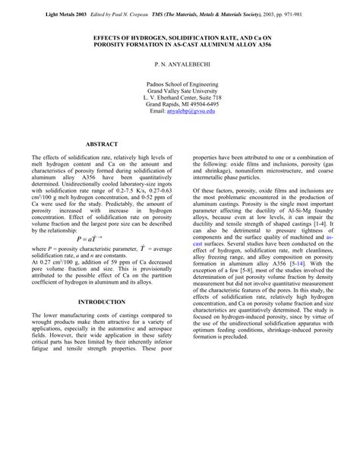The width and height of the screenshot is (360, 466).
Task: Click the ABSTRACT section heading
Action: click(x=101, y=143)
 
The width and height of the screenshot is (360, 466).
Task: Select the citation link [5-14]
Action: click(x=271, y=287)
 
